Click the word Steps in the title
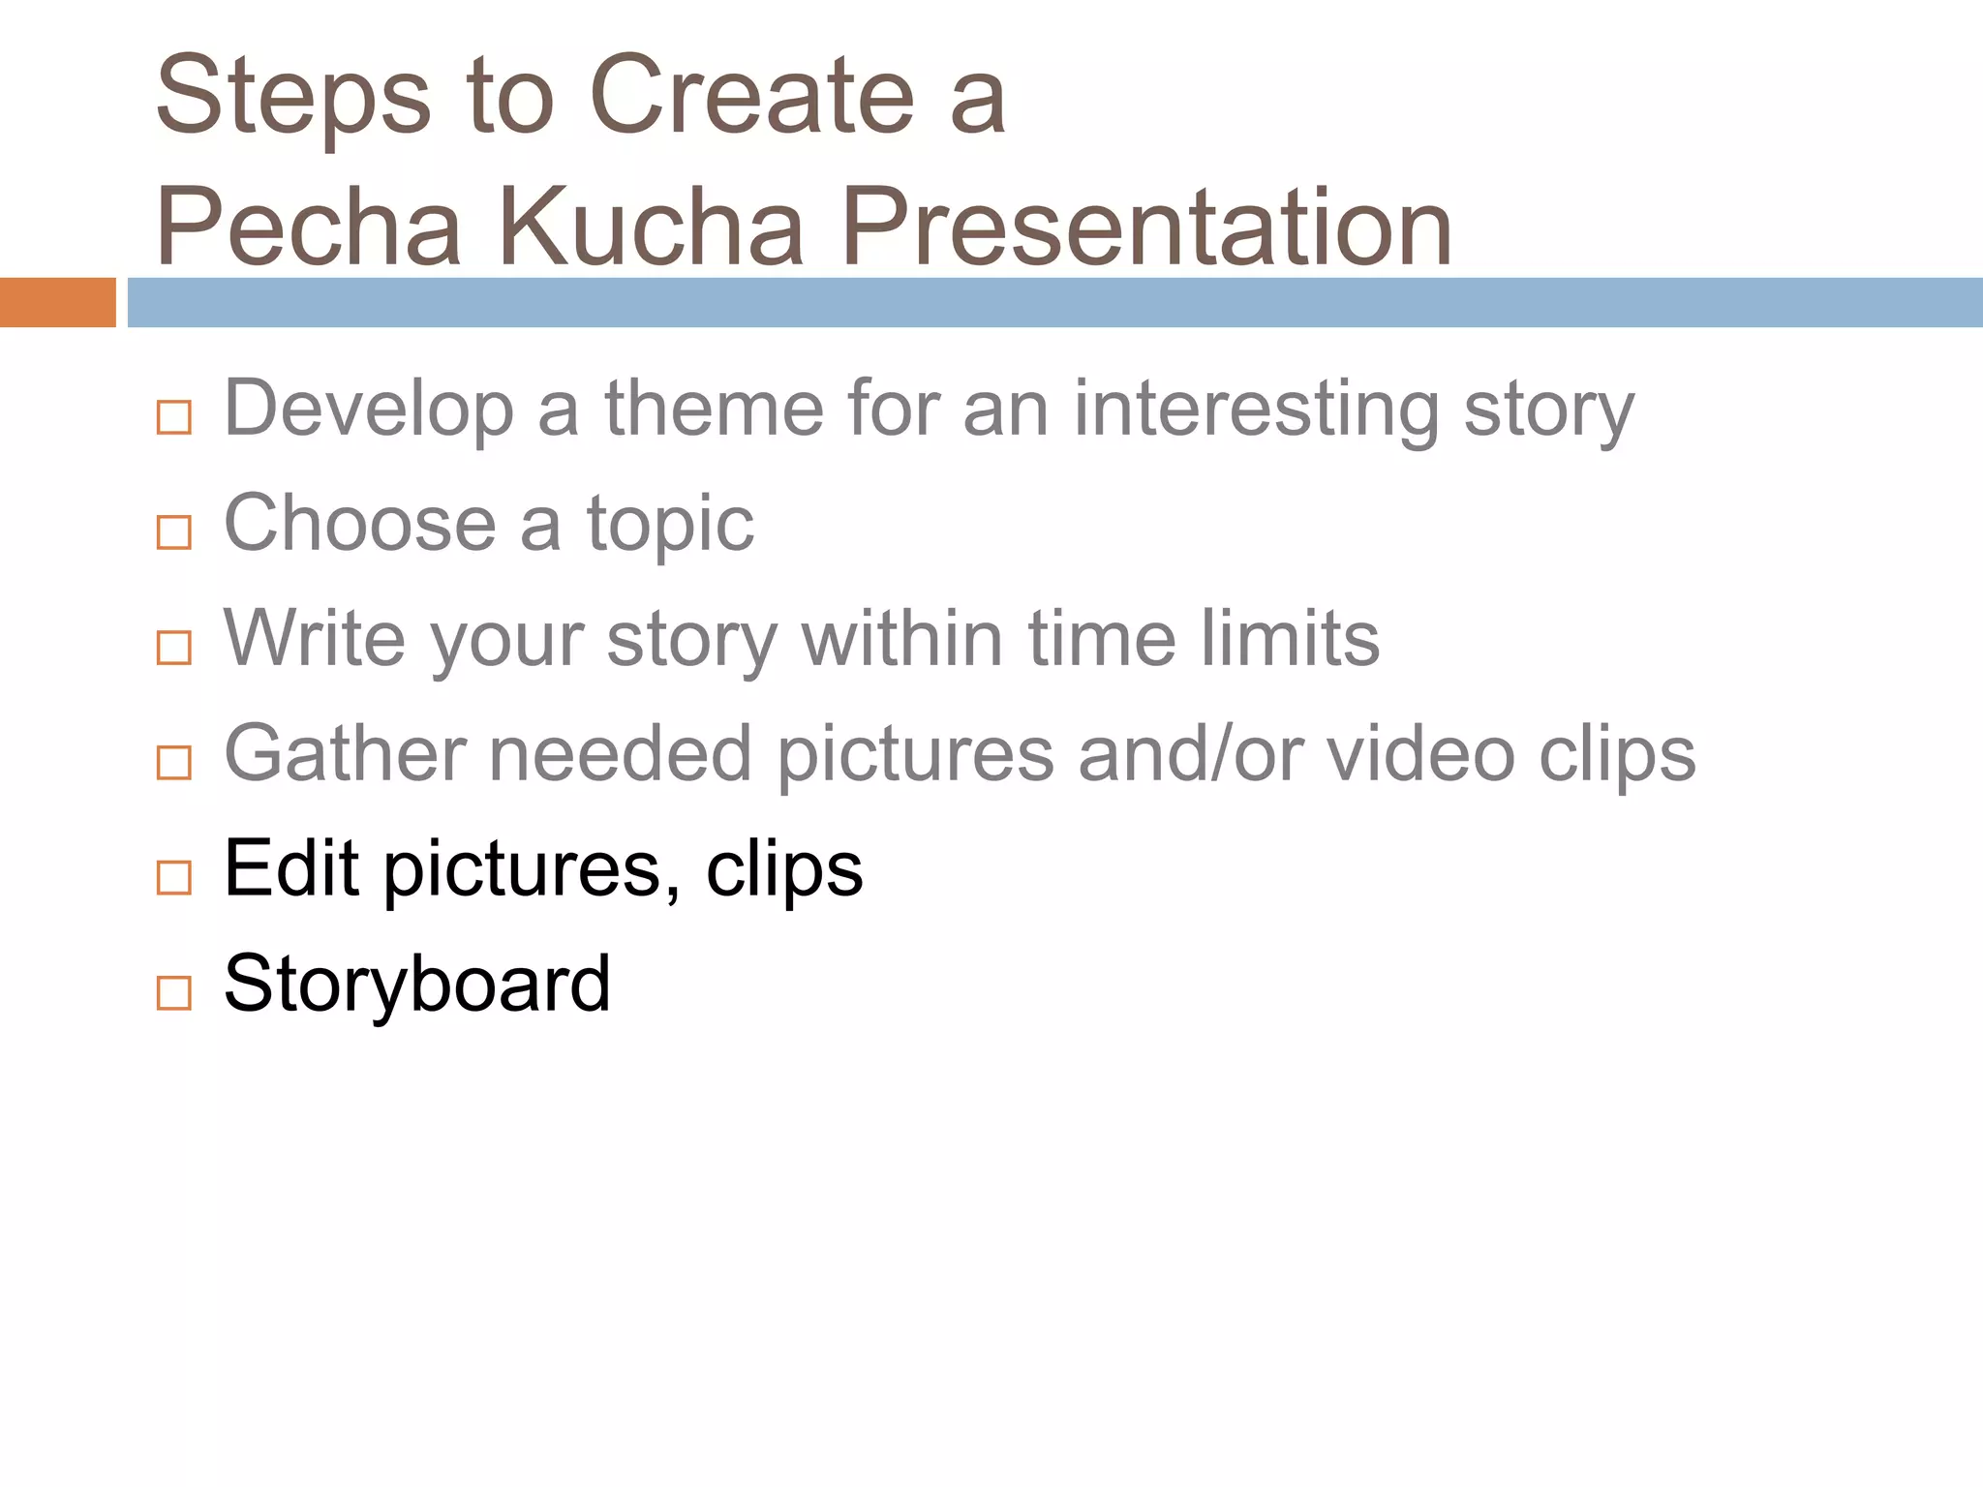(292, 97)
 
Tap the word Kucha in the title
(651, 228)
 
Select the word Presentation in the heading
(1146, 228)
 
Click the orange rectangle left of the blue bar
(57, 302)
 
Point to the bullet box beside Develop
(174, 417)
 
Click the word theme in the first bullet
(715, 409)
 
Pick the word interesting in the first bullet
(1257, 410)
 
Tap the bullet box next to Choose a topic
(174, 532)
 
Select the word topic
(670, 526)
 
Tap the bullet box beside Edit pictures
(174, 877)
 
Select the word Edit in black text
(291, 868)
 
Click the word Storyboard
(417, 984)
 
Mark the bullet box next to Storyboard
(174, 992)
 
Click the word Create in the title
(751, 97)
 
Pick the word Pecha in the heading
(308, 228)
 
